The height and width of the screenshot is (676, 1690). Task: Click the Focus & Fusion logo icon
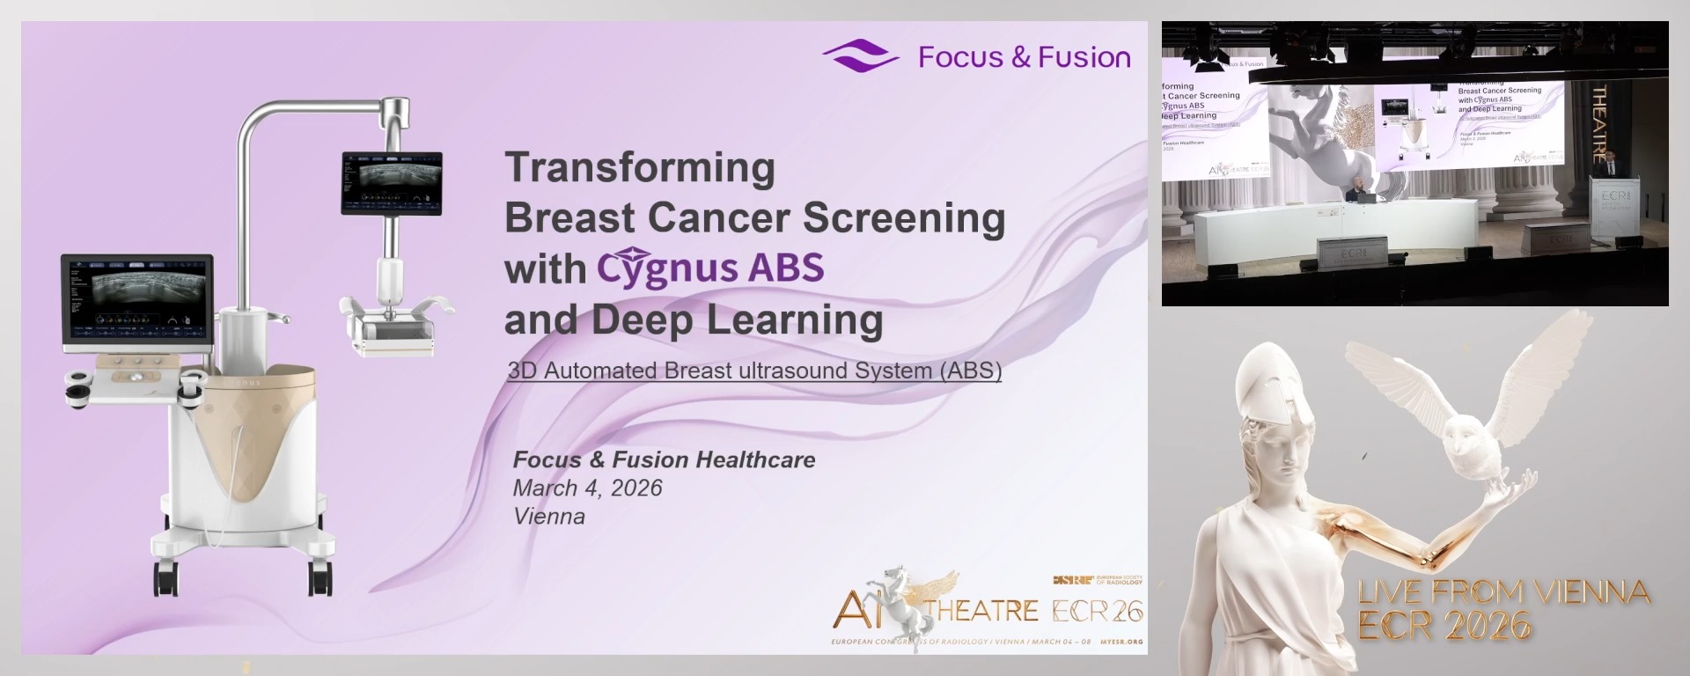pos(860,56)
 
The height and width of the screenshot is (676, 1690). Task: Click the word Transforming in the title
pos(640,167)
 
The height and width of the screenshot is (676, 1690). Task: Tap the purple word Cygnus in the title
pos(667,268)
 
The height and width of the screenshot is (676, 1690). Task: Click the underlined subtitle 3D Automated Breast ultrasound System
pos(754,371)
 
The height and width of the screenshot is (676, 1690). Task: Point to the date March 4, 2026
pos(587,489)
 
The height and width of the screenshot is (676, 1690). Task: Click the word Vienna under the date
pos(549,517)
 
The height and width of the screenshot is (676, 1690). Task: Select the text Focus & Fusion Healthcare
pos(664,459)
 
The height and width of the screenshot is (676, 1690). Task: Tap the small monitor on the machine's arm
pos(392,183)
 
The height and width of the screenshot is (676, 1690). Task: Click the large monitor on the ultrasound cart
pos(137,299)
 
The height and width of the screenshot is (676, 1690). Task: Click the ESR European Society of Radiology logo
pos(1098,580)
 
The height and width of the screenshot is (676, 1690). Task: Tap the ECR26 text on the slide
pos(1098,611)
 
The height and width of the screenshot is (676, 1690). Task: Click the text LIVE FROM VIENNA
pos(1503,592)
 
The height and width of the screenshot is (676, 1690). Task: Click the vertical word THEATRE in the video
pos(1599,123)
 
